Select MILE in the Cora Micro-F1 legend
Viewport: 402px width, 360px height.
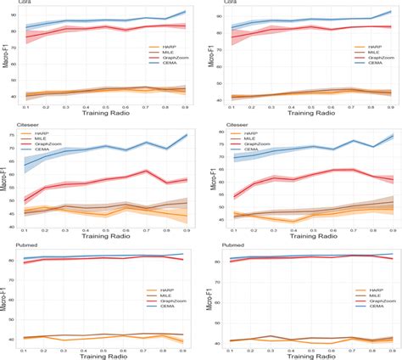pos(354,54)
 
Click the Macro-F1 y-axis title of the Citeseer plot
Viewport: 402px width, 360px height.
pos(7,185)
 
